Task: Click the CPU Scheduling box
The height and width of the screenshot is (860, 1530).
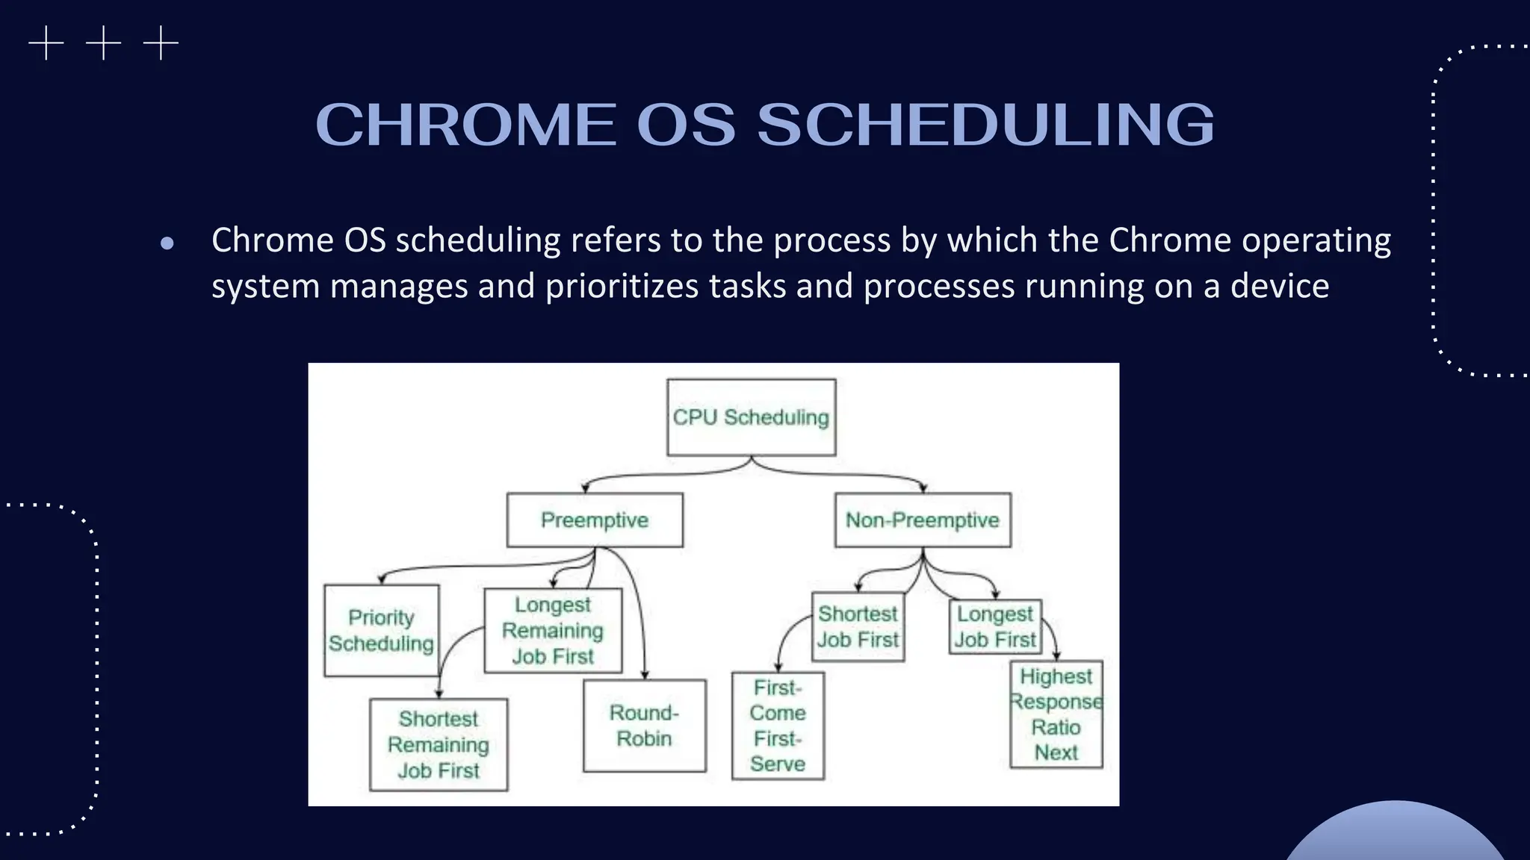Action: (x=751, y=417)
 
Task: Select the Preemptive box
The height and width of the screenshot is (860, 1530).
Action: (x=595, y=520)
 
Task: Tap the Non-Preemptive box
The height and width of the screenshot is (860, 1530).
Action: (x=923, y=520)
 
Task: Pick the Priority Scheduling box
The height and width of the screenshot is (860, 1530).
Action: (x=381, y=631)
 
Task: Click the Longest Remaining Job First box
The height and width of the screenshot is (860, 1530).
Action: (x=553, y=631)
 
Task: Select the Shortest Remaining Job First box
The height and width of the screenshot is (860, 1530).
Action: (x=439, y=745)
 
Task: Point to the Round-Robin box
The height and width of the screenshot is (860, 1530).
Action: (x=644, y=726)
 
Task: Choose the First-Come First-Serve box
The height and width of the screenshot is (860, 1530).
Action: (x=778, y=726)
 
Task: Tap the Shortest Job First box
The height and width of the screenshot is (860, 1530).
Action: (x=858, y=627)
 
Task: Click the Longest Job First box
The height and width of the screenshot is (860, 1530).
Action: (x=995, y=627)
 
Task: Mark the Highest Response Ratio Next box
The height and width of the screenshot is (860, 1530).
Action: (x=1056, y=714)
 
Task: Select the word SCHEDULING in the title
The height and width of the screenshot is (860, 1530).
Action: (x=986, y=125)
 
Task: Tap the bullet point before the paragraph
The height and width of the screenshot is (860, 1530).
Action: (x=167, y=243)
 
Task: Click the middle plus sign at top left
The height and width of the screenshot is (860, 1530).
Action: (x=103, y=43)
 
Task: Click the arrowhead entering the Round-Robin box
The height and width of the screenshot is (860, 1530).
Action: (x=645, y=675)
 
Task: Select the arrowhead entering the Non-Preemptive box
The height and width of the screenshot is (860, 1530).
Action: (x=923, y=488)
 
